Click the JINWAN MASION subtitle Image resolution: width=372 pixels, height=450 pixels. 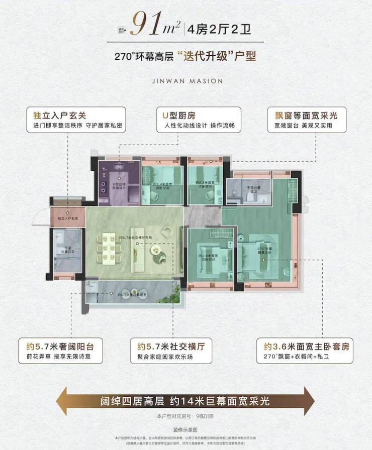pyautogui.click(x=186, y=80)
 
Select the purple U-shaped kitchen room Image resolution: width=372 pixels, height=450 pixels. pyautogui.click(x=117, y=181)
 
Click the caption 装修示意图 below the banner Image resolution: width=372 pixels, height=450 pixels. pyautogui.click(x=185, y=429)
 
